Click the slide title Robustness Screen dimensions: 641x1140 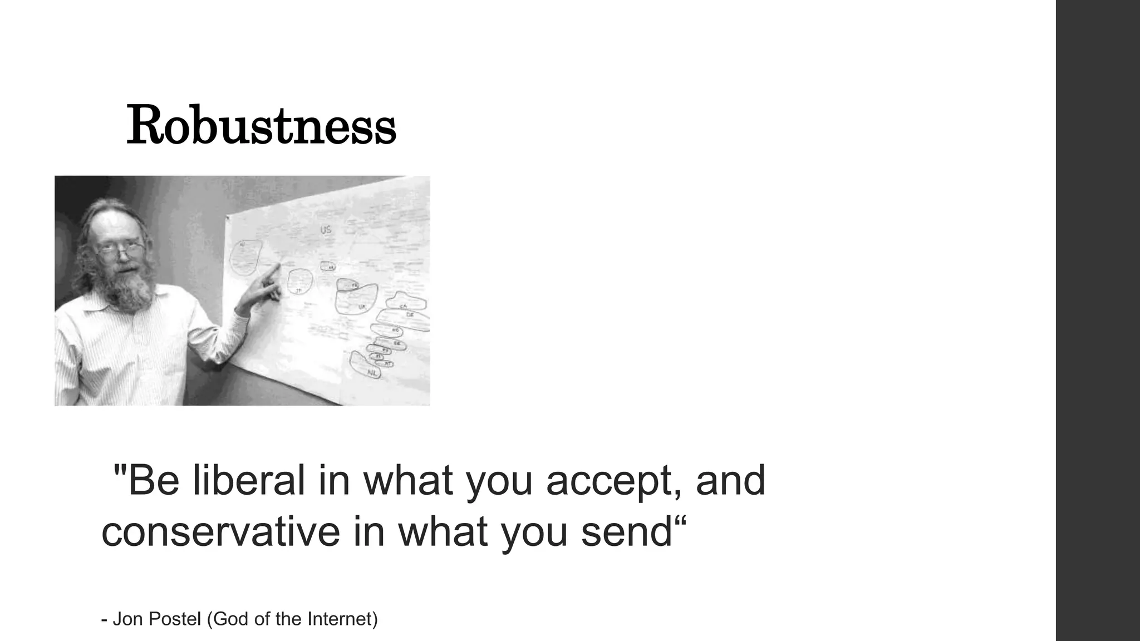[261, 126]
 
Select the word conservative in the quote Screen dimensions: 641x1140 [220, 531]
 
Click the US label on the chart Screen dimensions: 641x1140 [326, 229]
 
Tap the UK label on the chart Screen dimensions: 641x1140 [362, 307]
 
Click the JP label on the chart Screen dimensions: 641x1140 [298, 290]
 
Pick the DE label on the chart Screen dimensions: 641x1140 [410, 315]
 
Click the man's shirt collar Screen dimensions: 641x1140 [106, 303]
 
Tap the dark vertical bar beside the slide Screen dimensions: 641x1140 [1098, 320]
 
